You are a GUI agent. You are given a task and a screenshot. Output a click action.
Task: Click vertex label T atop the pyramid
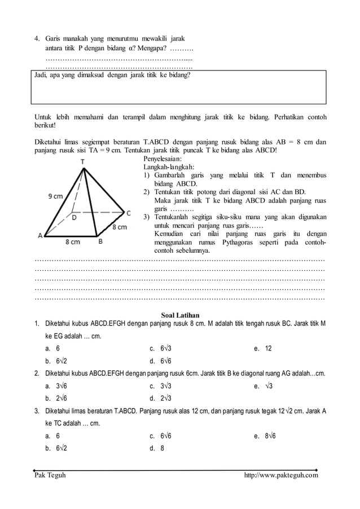coord(82,161)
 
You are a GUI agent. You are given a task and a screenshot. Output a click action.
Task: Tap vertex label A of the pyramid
coord(41,236)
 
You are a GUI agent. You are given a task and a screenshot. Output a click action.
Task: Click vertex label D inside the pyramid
coord(74,216)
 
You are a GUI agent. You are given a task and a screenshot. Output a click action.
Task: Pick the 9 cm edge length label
coord(55,196)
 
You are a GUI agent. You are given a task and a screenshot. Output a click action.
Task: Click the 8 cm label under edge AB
coord(72,242)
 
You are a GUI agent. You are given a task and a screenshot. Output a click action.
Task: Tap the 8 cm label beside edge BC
coord(119,227)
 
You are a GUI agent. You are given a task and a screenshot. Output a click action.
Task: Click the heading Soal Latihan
coord(180,315)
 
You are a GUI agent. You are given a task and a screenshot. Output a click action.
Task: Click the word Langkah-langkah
coord(169,167)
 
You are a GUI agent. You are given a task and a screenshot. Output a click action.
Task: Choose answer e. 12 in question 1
coord(264,349)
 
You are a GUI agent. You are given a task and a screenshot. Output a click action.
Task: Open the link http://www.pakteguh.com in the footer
coord(280,475)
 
